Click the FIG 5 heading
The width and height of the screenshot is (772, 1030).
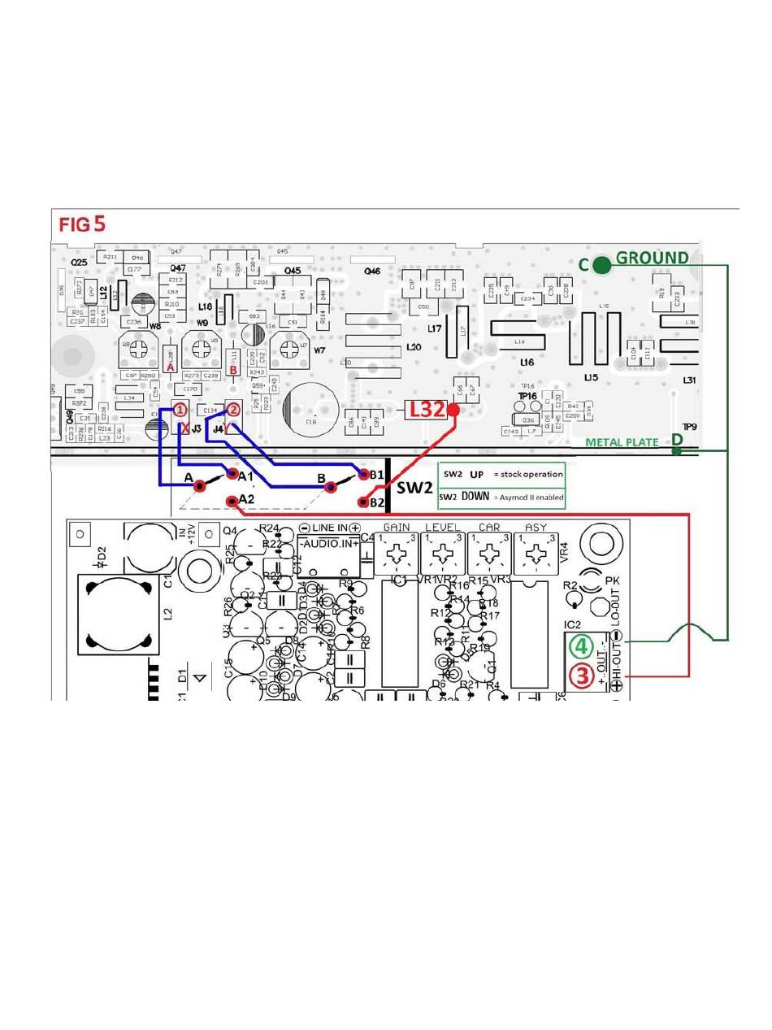(x=81, y=224)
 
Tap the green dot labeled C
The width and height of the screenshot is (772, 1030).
(x=601, y=265)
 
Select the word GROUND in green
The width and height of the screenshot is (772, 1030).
(x=653, y=258)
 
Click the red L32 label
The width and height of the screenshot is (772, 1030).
(x=427, y=410)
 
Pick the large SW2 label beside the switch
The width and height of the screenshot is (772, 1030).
(x=414, y=487)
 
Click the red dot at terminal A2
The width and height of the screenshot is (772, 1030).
(x=232, y=501)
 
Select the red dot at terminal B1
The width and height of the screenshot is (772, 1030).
(x=362, y=474)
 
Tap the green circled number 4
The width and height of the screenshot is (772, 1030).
(x=581, y=647)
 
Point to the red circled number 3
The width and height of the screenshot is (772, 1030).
(x=581, y=675)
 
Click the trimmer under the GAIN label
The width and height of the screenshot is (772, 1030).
(x=397, y=556)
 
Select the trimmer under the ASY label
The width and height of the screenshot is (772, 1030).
(x=536, y=556)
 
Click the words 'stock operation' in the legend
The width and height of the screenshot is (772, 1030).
(x=527, y=474)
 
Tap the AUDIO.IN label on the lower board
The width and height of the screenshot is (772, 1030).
(x=328, y=543)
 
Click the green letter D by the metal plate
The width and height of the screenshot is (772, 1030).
(x=676, y=440)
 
